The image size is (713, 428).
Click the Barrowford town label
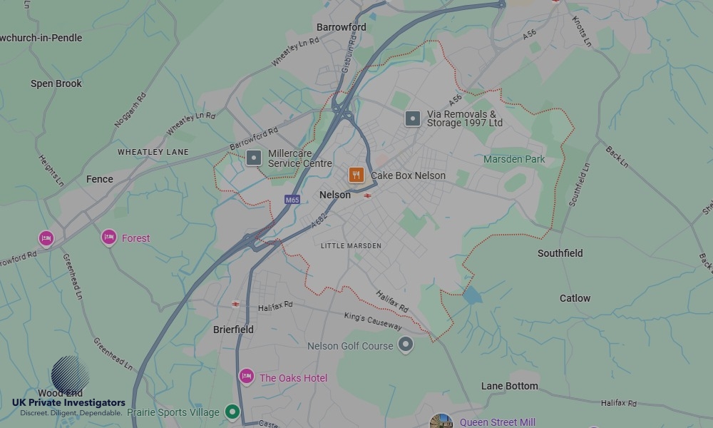[341, 27]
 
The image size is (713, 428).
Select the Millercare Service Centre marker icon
[254, 158]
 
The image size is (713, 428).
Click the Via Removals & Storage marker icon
[413, 118]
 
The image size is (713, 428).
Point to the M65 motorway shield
[292, 200]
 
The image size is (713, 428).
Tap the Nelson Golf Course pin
[406, 345]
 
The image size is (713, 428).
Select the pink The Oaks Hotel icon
[247, 377]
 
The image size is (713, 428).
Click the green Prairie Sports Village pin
[232, 412]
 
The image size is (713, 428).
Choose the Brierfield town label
[233, 330]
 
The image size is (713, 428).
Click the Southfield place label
[560, 253]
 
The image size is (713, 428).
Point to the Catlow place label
[575, 298]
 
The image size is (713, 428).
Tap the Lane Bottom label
[509, 386]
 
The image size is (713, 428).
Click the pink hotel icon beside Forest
[108, 237]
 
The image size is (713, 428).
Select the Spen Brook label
[56, 83]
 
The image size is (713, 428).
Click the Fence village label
[99, 179]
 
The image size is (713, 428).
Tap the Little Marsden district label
[351, 245]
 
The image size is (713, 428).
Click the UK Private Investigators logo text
[68, 403]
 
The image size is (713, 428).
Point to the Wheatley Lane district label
[153, 152]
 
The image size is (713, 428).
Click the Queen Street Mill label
[497, 422]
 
